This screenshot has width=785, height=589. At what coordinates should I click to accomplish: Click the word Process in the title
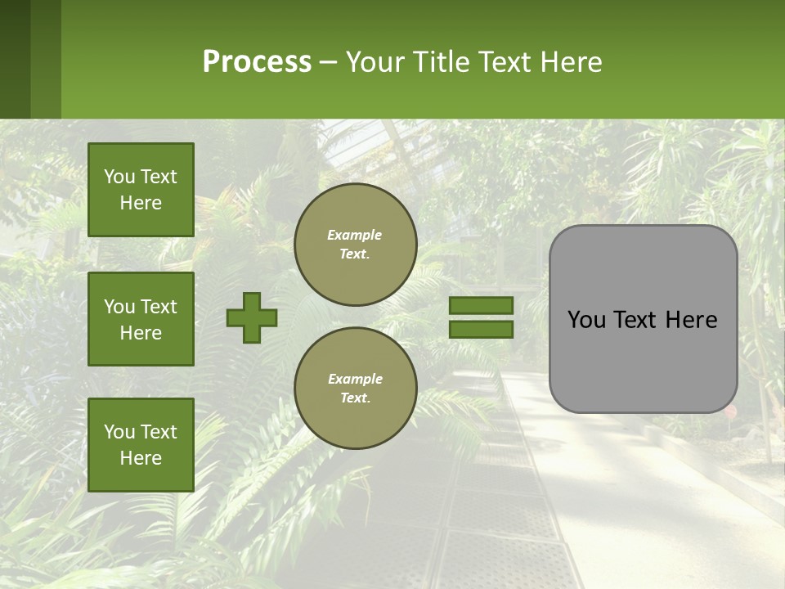pos(257,62)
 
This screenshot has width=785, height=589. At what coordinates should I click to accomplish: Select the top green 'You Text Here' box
pos(141,190)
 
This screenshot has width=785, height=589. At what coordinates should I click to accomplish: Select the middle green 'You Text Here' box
pos(141,319)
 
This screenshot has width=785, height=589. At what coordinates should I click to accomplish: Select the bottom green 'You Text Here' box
pos(141,445)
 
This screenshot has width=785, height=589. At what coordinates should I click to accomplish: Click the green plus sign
pos(252,317)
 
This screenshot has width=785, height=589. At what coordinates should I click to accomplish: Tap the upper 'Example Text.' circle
pos(355,245)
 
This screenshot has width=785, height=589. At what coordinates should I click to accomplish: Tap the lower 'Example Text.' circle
pos(355,389)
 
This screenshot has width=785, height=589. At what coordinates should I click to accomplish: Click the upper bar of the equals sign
pos(481,305)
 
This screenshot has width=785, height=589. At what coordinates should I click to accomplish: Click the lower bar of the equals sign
pos(481,329)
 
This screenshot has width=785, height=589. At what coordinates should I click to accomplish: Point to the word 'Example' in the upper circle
pos(355,235)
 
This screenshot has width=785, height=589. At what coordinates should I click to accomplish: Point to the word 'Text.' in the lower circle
pos(355,398)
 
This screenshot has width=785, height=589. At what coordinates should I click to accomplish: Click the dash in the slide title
pos(328,64)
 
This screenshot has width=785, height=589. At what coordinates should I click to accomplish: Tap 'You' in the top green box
pos(119,177)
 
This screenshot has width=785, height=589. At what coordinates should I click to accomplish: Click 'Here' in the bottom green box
pos(141,458)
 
